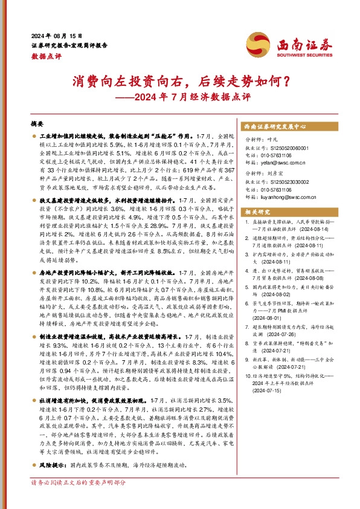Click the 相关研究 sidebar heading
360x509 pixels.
(x=255, y=211)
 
